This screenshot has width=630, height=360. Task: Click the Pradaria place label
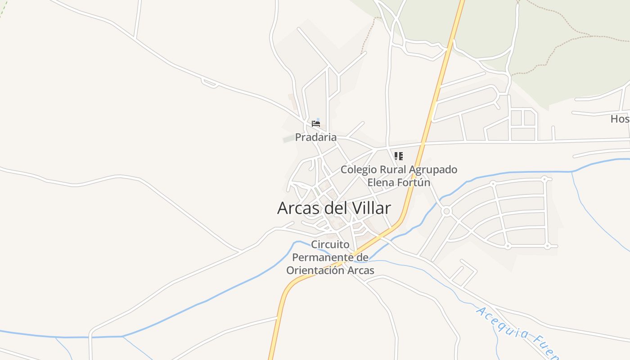point(315,137)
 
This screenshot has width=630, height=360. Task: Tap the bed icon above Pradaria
point(316,123)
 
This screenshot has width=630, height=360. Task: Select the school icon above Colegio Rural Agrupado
point(398,156)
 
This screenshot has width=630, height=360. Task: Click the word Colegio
point(359,170)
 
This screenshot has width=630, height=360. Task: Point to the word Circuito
point(330,245)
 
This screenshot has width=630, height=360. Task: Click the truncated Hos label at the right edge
point(620,119)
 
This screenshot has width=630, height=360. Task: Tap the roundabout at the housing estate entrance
point(446,211)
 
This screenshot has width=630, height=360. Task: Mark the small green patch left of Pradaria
point(288,139)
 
